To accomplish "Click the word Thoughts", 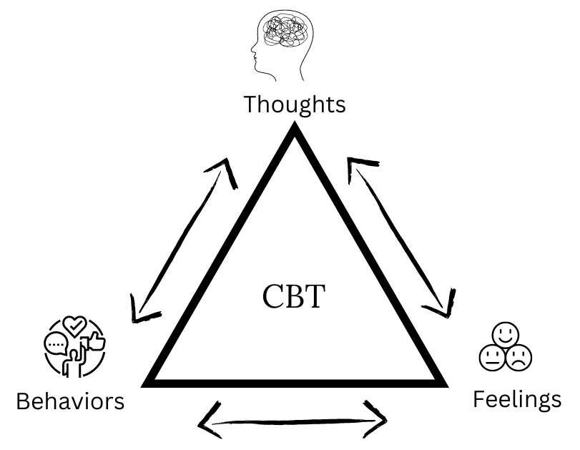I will coord(294,104).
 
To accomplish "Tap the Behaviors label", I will coord(70,401).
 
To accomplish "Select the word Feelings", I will coord(516,399).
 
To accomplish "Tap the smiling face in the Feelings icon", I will coord(505,333).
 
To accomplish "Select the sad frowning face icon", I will coord(518,357).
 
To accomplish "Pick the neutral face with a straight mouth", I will coord(492,357).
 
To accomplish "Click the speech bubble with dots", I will coord(54,345).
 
